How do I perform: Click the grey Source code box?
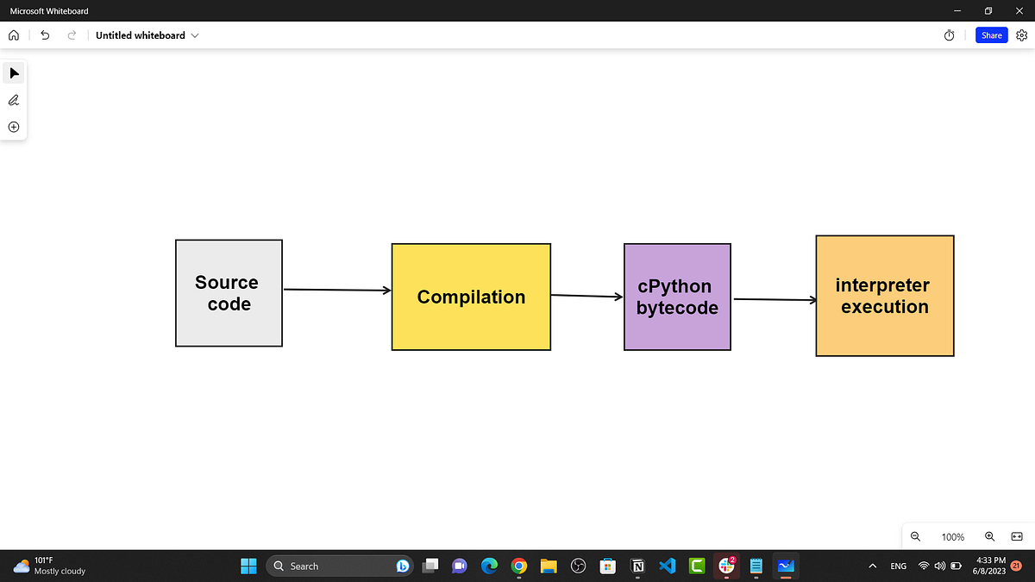click(229, 293)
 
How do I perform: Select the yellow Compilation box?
click(471, 297)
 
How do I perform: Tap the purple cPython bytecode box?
click(677, 297)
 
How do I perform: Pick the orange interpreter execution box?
click(885, 296)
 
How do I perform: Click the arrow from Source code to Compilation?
click(337, 290)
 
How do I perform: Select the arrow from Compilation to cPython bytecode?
click(586, 296)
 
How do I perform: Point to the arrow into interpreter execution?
click(775, 299)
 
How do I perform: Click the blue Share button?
click(991, 35)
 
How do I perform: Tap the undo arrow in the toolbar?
click(45, 35)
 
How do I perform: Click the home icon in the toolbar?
click(14, 35)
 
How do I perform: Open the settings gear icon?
click(1021, 35)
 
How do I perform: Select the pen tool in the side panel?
click(14, 100)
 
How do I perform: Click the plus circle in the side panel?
click(14, 127)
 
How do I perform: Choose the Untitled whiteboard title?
click(141, 35)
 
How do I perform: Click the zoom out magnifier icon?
click(915, 536)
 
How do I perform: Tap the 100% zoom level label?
click(953, 536)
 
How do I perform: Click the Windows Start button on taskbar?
click(248, 566)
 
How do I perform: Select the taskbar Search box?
click(340, 566)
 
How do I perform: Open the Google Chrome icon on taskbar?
click(519, 566)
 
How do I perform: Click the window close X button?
click(1019, 10)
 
